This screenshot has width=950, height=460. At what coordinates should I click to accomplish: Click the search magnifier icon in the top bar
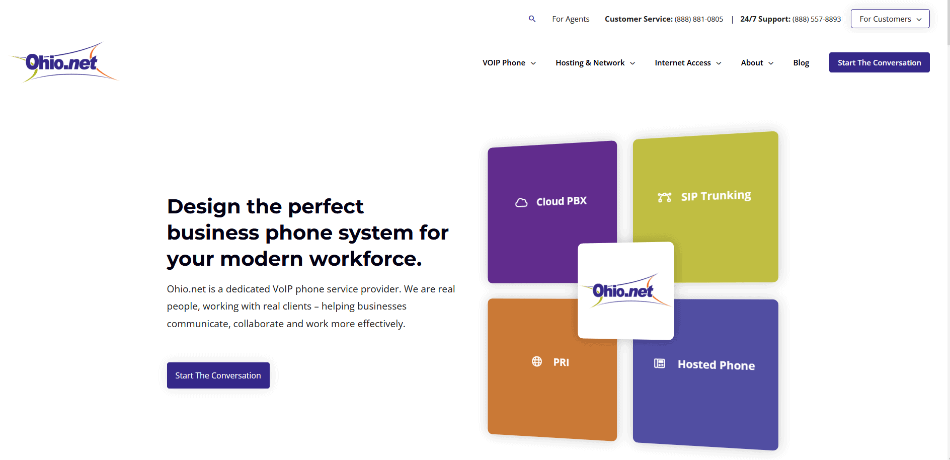tap(532, 19)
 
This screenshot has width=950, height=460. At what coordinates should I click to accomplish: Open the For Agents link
tap(571, 19)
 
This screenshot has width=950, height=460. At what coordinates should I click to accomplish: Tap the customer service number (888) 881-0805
tap(699, 19)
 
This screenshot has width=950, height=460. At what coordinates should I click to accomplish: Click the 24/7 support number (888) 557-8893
tap(817, 19)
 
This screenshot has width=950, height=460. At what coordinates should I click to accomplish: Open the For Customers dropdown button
tap(890, 19)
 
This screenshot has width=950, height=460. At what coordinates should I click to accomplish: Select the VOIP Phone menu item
tap(509, 63)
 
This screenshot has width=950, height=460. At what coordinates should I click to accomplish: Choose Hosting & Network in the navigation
tap(595, 63)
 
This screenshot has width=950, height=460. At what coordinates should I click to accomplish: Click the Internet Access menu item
tap(688, 63)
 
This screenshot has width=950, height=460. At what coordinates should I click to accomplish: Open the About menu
tap(757, 63)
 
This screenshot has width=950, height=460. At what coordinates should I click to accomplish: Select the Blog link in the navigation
tap(801, 63)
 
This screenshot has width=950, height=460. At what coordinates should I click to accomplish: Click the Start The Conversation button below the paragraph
tap(218, 375)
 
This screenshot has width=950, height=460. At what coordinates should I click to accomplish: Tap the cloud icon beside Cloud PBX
tap(521, 202)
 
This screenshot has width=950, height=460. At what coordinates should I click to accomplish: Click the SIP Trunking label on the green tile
tap(716, 196)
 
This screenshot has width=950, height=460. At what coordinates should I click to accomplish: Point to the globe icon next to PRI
tap(537, 361)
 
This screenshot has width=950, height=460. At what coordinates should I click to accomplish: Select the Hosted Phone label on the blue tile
tap(716, 365)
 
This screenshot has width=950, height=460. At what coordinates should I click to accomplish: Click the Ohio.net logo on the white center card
tap(625, 290)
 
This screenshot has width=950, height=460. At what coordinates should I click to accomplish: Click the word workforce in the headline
tap(365, 259)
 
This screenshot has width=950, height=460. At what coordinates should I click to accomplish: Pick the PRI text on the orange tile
tap(561, 362)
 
